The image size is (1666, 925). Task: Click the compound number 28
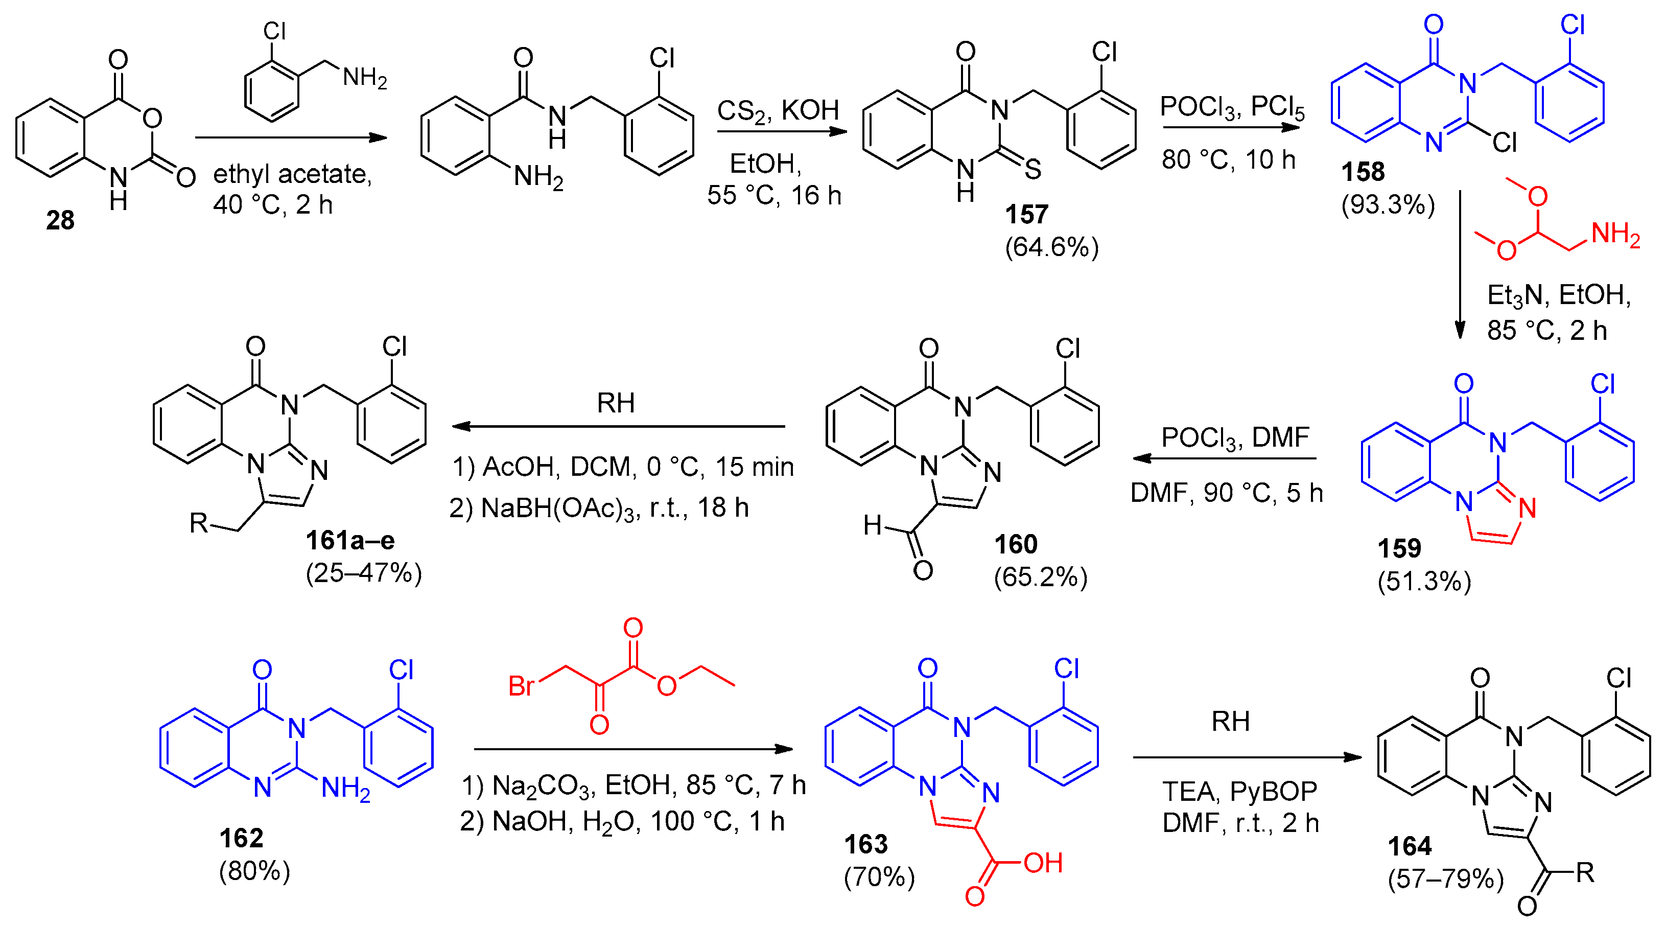pyautogui.click(x=60, y=221)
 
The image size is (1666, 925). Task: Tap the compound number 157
pyautogui.click(x=1026, y=214)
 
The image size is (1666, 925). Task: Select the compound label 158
pyautogui.click(x=1363, y=172)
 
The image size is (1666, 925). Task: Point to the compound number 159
pyautogui.click(x=1399, y=548)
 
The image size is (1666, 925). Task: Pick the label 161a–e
pyautogui.click(x=350, y=540)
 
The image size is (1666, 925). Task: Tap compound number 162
pyautogui.click(x=241, y=838)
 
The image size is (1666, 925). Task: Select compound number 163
pyautogui.click(x=866, y=844)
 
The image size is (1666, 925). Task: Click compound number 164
pyautogui.click(x=1410, y=846)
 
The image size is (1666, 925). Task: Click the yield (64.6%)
pyautogui.click(x=1051, y=247)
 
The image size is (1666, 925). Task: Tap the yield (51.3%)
pyautogui.click(x=1424, y=582)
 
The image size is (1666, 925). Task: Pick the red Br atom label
pyautogui.click(x=521, y=686)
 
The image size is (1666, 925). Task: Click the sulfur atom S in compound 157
pyautogui.click(x=1033, y=170)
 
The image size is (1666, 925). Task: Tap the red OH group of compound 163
pyautogui.click(x=1043, y=863)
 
